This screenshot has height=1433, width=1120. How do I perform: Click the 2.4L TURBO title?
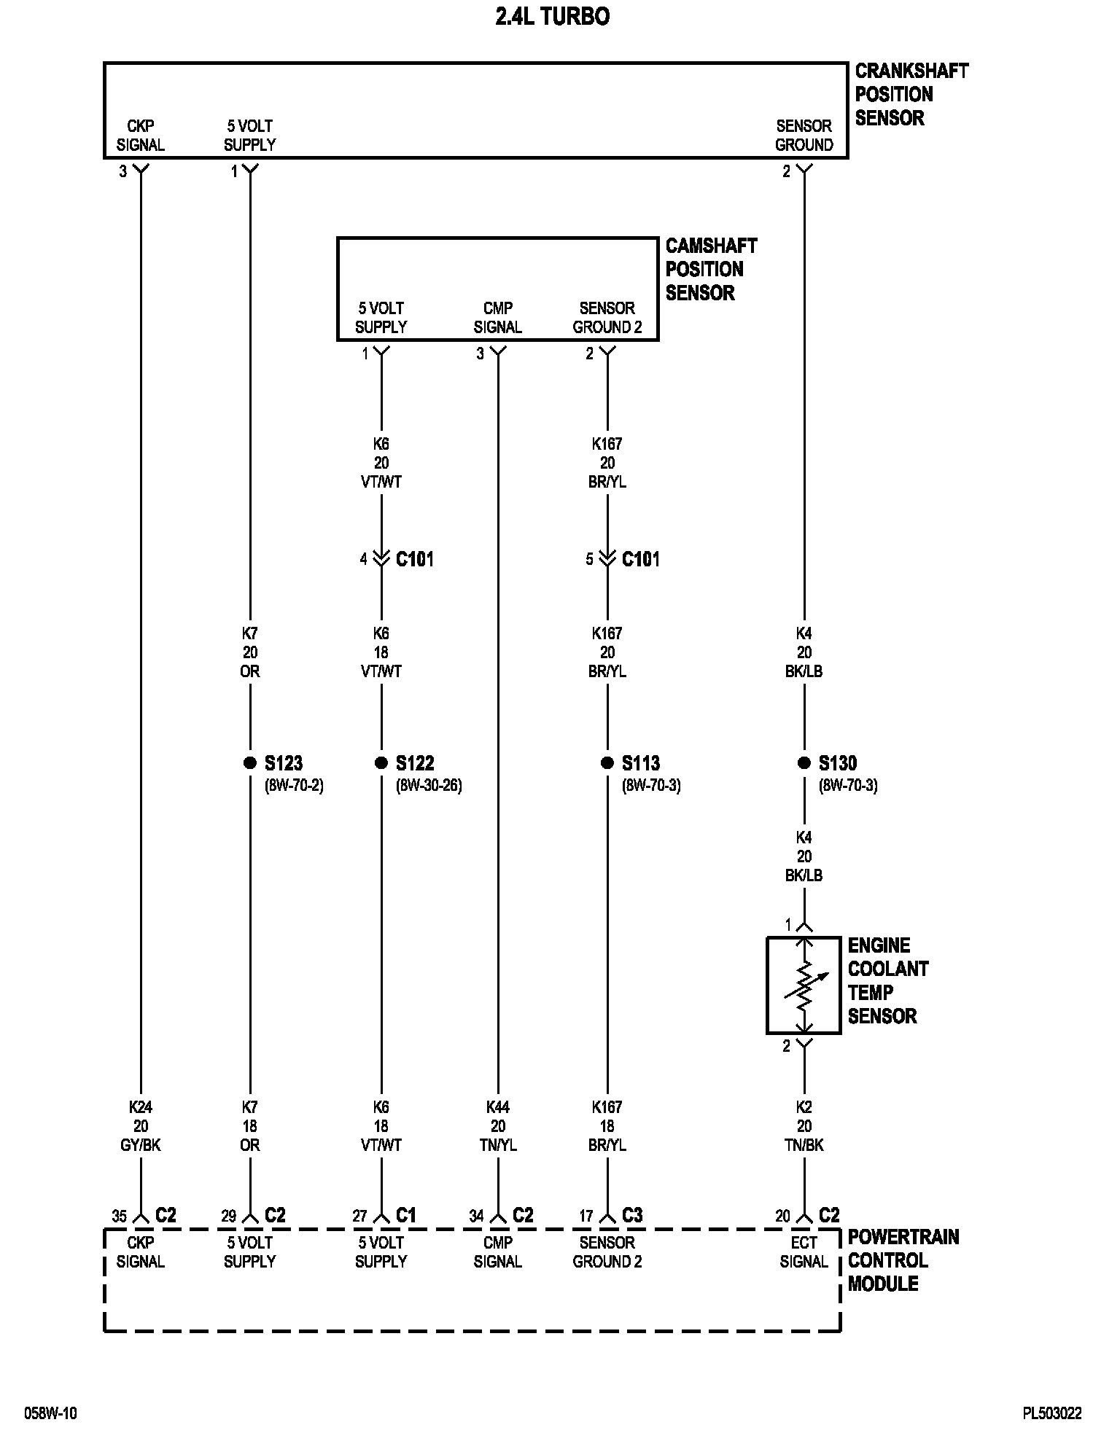pyautogui.click(x=552, y=17)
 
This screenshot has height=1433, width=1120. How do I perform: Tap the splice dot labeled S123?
pyautogui.click(x=250, y=762)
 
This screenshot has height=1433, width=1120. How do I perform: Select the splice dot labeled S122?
pyautogui.click(x=381, y=762)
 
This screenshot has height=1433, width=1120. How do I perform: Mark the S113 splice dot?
pyautogui.click(x=607, y=762)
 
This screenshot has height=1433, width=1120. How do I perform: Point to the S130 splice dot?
pyautogui.click(x=804, y=762)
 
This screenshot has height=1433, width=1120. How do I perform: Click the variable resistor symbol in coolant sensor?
pyautogui.click(x=804, y=985)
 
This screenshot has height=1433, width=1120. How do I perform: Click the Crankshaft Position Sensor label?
pyautogui.click(x=911, y=94)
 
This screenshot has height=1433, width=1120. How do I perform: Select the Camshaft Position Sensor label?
pyautogui.click(x=711, y=269)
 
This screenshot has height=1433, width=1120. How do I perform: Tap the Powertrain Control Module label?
pyautogui.click(x=903, y=1260)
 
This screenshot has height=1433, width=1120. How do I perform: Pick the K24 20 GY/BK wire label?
pyautogui.click(x=141, y=1126)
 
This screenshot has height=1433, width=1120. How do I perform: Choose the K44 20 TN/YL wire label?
pyautogui.click(x=498, y=1126)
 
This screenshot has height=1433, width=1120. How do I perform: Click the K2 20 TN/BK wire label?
pyautogui.click(x=804, y=1126)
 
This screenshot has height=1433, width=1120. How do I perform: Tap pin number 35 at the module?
pyautogui.click(x=119, y=1216)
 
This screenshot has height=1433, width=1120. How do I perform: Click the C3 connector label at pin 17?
pyautogui.click(x=632, y=1215)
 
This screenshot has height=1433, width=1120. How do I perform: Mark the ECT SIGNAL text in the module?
pyautogui.click(x=804, y=1252)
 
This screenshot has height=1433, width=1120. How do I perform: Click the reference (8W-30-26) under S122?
pyautogui.click(x=429, y=786)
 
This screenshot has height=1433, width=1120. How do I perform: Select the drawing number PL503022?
pyautogui.click(x=1051, y=1413)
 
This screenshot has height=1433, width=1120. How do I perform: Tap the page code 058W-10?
pyautogui.click(x=50, y=1413)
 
